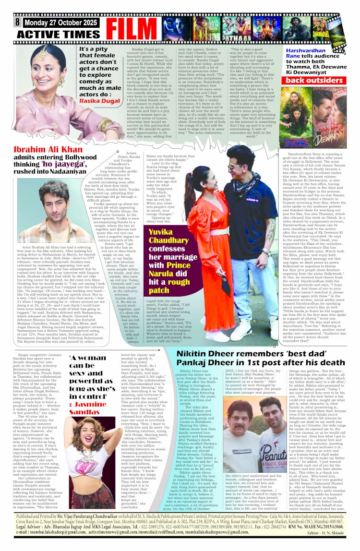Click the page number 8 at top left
(17, 22)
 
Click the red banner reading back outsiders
(313, 80)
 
